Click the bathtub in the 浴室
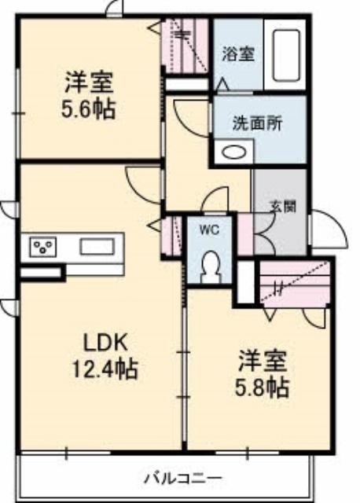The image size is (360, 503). click(x=287, y=56)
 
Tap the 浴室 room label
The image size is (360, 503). click(x=238, y=54)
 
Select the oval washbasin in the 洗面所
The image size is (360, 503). click(x=233, y=152)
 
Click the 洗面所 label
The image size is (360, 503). click(x=257, y=123)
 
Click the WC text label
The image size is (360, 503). click(x=209, y=229)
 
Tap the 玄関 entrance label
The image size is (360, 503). click(x=282, y=207)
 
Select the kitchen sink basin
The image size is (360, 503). click(x=97, y=247)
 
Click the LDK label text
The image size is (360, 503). click(x=106, y=343)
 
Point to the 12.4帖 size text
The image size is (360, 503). click(x=105, y=369)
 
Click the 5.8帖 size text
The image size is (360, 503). click(x=263, y=387)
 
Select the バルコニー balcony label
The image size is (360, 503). click(x=182, y=479)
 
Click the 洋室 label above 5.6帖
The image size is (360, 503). click(x=89, y=83)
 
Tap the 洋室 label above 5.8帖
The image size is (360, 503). click(x=263, y=362)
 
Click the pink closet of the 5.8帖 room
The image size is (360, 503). click(x=294, y=282)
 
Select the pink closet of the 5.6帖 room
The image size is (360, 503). click(x=186, y=46)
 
